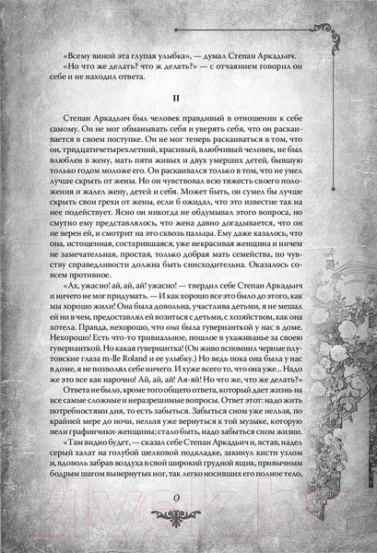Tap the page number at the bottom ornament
point(188,525)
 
